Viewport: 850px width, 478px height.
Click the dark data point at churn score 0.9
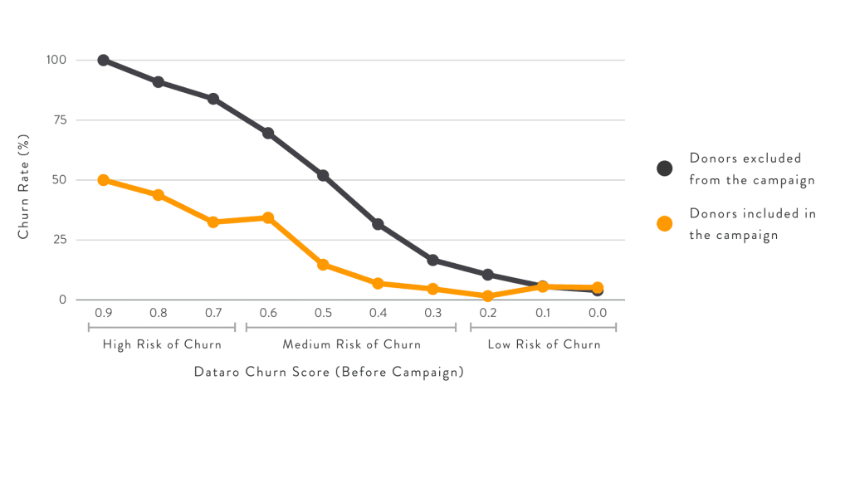point(104,61)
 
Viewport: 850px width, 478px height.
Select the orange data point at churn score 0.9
point(104,180)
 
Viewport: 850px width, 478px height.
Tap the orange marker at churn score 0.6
point(268,217)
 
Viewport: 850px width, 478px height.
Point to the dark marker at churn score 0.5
point(323,176)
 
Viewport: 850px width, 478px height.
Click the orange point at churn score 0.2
point(488,295)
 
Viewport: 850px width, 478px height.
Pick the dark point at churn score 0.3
point(432,261)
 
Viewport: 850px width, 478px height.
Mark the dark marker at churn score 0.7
point(213,99)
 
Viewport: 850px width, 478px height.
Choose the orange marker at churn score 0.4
point(378,284)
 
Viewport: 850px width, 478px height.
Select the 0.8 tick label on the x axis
point(159,313)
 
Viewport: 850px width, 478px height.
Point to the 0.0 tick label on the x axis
point(598,313)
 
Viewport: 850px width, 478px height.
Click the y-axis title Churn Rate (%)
point(24,180)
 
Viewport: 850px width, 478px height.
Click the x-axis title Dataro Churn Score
point(328,373)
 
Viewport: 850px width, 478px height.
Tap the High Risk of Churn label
point(162,344)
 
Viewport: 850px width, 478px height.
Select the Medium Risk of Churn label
point(351,344)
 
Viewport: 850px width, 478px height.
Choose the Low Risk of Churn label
point(544,344)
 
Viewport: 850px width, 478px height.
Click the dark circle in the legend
point(664,168)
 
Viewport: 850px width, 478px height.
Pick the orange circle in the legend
point(664,224)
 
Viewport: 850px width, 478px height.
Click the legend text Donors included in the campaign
point(752,224)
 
